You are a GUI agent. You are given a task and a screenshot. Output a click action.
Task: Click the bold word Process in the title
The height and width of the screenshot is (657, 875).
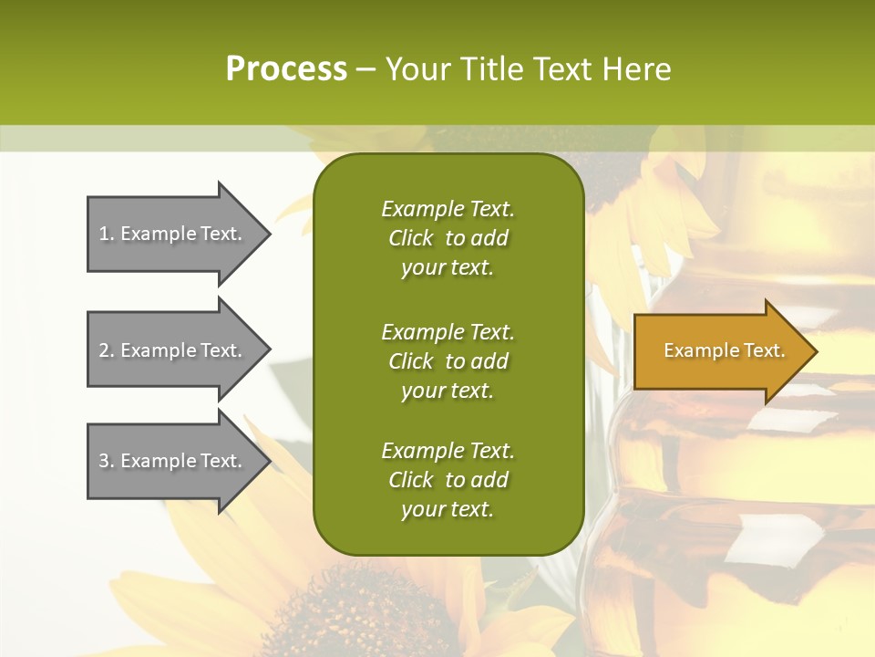(286, 69)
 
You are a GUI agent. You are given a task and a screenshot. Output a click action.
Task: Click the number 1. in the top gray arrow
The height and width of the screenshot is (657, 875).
(107, 234)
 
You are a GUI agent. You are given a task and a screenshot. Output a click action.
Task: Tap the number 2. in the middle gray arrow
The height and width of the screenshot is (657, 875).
(107, 350)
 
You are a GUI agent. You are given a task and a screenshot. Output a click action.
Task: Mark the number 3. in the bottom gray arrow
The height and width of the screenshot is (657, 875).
(107, 461)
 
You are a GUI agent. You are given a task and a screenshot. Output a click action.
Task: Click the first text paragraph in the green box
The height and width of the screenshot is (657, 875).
(448, 238)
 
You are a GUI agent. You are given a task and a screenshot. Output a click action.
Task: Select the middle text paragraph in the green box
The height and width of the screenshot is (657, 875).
(448, 361)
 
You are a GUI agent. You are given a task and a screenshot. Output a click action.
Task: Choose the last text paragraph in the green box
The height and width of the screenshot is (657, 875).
(448, 480)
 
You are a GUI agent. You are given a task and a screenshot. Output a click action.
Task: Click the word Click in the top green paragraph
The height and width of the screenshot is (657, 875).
(411, 238)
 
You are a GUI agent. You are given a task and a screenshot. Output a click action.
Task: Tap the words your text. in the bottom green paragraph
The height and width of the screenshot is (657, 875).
(448, 509)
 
